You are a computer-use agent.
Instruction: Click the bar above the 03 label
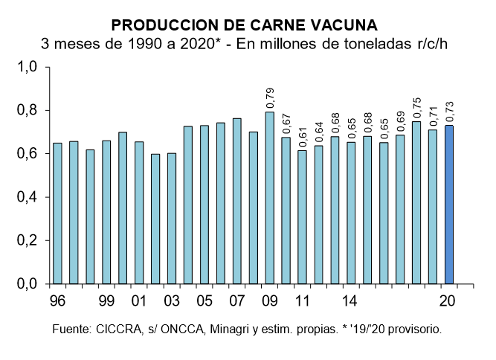[x=172, y=219]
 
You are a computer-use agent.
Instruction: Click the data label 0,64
[x=319, y=132]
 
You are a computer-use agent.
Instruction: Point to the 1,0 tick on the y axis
[x=28, y=68]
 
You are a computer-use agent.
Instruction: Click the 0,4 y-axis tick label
[x=28, y=198]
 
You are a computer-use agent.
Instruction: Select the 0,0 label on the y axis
[x=28, y=284]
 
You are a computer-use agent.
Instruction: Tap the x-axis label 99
[x=106, y=302]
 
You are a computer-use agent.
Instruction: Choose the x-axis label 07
[x=237, y=302]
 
